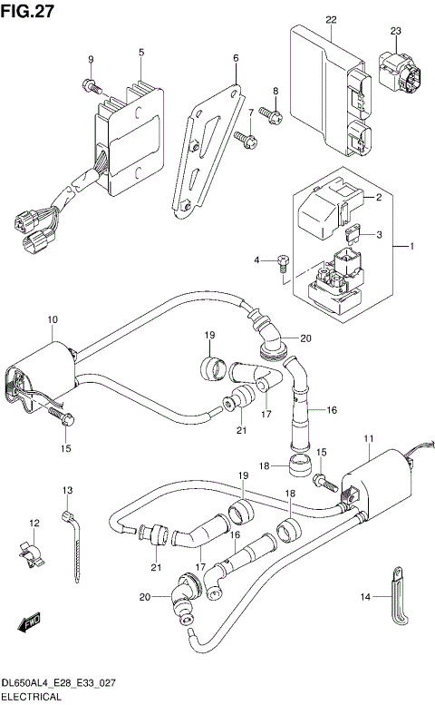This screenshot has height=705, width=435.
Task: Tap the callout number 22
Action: tap(331, 20)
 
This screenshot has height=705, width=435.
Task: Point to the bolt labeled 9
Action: tap(92, 87)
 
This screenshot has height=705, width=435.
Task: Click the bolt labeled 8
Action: tap(272, 115)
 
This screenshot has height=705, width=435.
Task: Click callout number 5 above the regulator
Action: tap(141, 54)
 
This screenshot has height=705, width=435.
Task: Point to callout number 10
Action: tap(53, 320)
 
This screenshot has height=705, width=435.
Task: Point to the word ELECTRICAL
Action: tap(31, 697)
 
